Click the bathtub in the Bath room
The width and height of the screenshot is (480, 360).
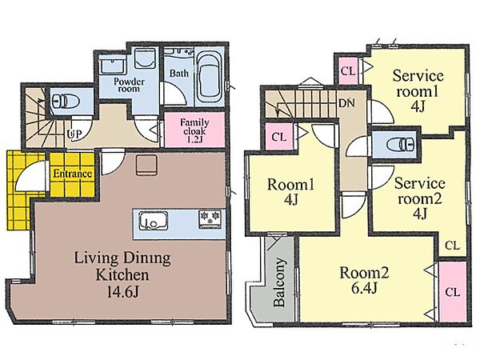point(209,77)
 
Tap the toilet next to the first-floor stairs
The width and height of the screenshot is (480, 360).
point(66,101)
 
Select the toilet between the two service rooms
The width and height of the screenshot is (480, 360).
point(400,144)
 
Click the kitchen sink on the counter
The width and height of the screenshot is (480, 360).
point(153,221)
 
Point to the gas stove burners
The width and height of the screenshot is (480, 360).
point(210,219)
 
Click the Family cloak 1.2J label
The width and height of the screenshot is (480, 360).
point(194,130)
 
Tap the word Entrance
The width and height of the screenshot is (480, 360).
point(73,174)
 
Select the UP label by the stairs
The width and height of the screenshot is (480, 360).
point(74,134)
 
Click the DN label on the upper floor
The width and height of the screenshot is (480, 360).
point(347,103)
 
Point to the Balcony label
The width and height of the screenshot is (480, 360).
point(279,282)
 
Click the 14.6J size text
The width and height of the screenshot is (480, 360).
point(122,292)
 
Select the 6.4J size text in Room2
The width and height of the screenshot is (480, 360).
point(364,288)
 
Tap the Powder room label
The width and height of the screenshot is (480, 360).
point(129,85)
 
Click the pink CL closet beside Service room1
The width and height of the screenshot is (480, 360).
point(348,71)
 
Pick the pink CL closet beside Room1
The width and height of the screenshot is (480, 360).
point(279,137)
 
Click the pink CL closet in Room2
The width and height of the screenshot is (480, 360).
point(453,291)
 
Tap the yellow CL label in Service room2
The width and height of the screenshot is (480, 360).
point(453,246)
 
